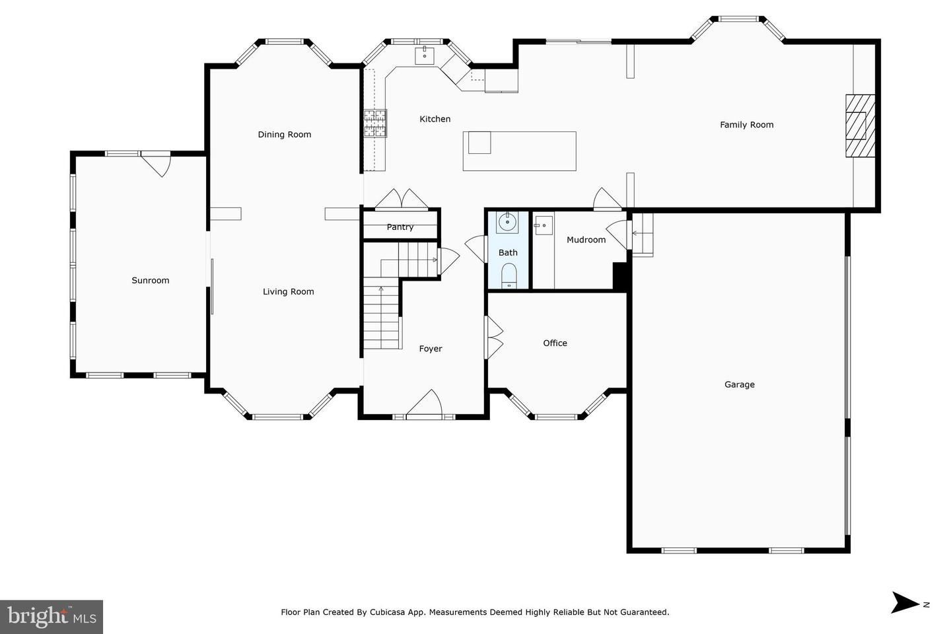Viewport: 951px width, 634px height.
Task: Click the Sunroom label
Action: point(151,281)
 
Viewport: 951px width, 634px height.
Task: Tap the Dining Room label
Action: point(284,135)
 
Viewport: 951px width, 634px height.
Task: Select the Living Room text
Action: point(288,292)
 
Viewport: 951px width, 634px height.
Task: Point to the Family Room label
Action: point(746,125)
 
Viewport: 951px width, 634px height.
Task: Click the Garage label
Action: point(739,384)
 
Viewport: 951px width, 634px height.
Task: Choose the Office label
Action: point(555,343)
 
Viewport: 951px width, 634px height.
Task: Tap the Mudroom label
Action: point(586,240)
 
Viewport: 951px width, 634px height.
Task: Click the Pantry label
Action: point(400,227)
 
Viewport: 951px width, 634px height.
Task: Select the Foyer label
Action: point(430,349)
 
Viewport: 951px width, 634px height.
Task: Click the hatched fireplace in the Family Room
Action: point(861,125)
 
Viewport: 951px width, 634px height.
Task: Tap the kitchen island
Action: point(519,151)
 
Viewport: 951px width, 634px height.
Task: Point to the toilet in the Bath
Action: point(509,274)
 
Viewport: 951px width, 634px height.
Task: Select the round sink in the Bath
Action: point(508,222)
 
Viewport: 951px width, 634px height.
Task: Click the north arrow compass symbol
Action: point(906,602)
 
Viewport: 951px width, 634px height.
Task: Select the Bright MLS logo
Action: point(52,617)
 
